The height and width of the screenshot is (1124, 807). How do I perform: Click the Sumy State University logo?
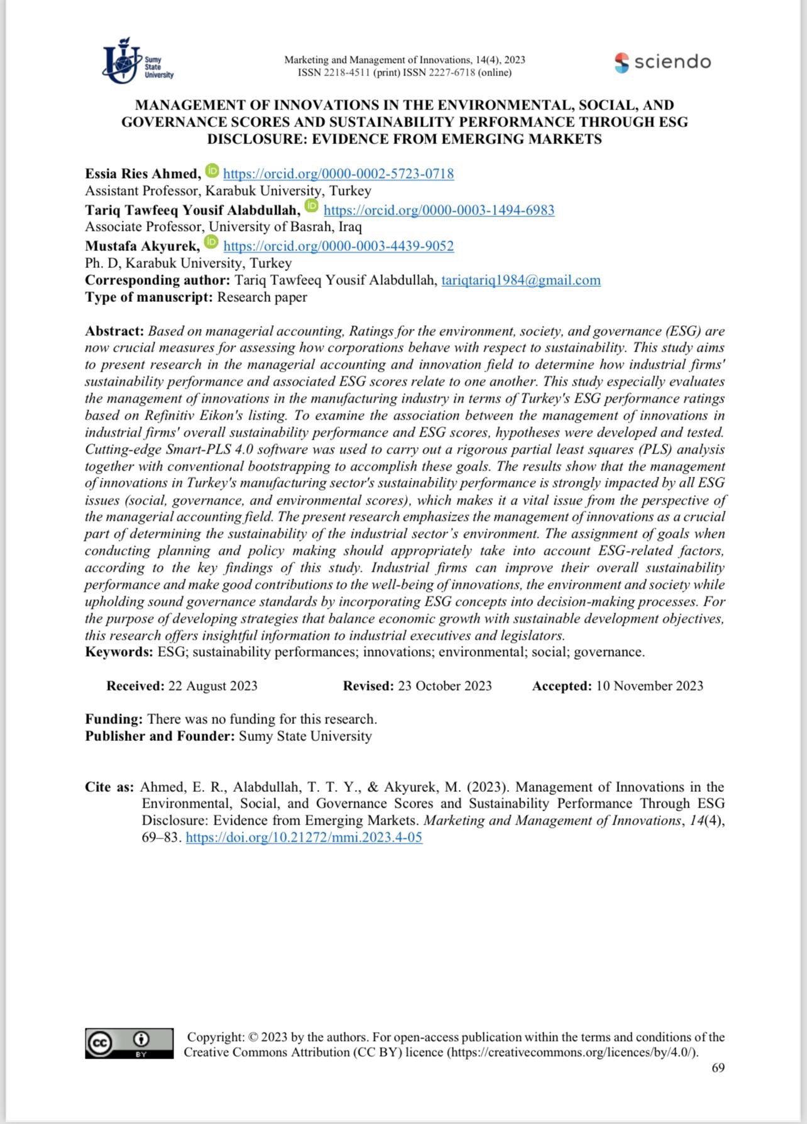137,61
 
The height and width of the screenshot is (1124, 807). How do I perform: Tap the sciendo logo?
663,62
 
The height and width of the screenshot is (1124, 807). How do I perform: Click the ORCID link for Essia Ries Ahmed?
338,174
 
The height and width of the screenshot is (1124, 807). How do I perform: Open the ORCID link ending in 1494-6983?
439,210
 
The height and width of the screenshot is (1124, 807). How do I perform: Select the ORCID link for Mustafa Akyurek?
338,246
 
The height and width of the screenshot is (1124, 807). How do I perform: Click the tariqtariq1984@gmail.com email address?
520,281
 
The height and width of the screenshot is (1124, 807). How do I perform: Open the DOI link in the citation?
304,838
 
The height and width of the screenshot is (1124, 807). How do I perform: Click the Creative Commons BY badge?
129,1043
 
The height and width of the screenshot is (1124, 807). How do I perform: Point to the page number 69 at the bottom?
718,1068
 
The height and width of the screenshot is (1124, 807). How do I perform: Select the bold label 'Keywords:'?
119,652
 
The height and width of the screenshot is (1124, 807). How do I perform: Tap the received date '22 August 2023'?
212,686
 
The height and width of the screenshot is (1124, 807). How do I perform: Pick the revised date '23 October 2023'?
445,686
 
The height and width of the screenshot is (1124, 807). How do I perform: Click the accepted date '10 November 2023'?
649,686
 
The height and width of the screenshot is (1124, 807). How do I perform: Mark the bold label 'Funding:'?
114,720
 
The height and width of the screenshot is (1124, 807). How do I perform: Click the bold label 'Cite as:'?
109,787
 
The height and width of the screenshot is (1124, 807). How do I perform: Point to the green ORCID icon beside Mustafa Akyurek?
212,242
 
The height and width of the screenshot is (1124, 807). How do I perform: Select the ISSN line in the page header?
404,73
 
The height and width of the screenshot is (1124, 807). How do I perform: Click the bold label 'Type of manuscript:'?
149,298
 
